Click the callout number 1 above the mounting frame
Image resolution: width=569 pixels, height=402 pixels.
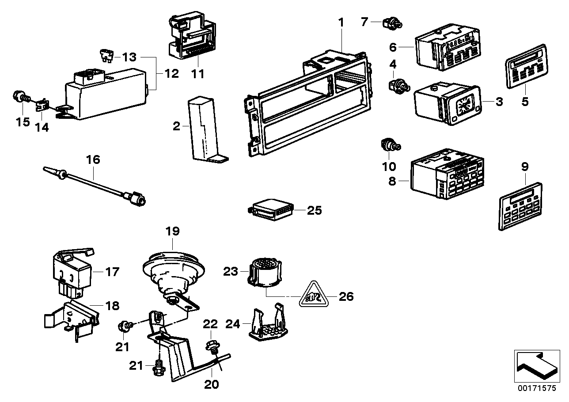(341, 22)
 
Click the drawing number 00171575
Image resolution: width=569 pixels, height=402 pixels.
(537, 388)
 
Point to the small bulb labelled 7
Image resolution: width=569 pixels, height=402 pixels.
(392, 23)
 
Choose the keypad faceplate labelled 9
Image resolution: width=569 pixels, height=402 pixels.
(520, 207)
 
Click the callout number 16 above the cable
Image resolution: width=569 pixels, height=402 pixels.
(94, 159)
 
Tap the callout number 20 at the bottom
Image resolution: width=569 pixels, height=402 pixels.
(212, 384)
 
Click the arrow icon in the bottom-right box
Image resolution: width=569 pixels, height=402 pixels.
(536, 367)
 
